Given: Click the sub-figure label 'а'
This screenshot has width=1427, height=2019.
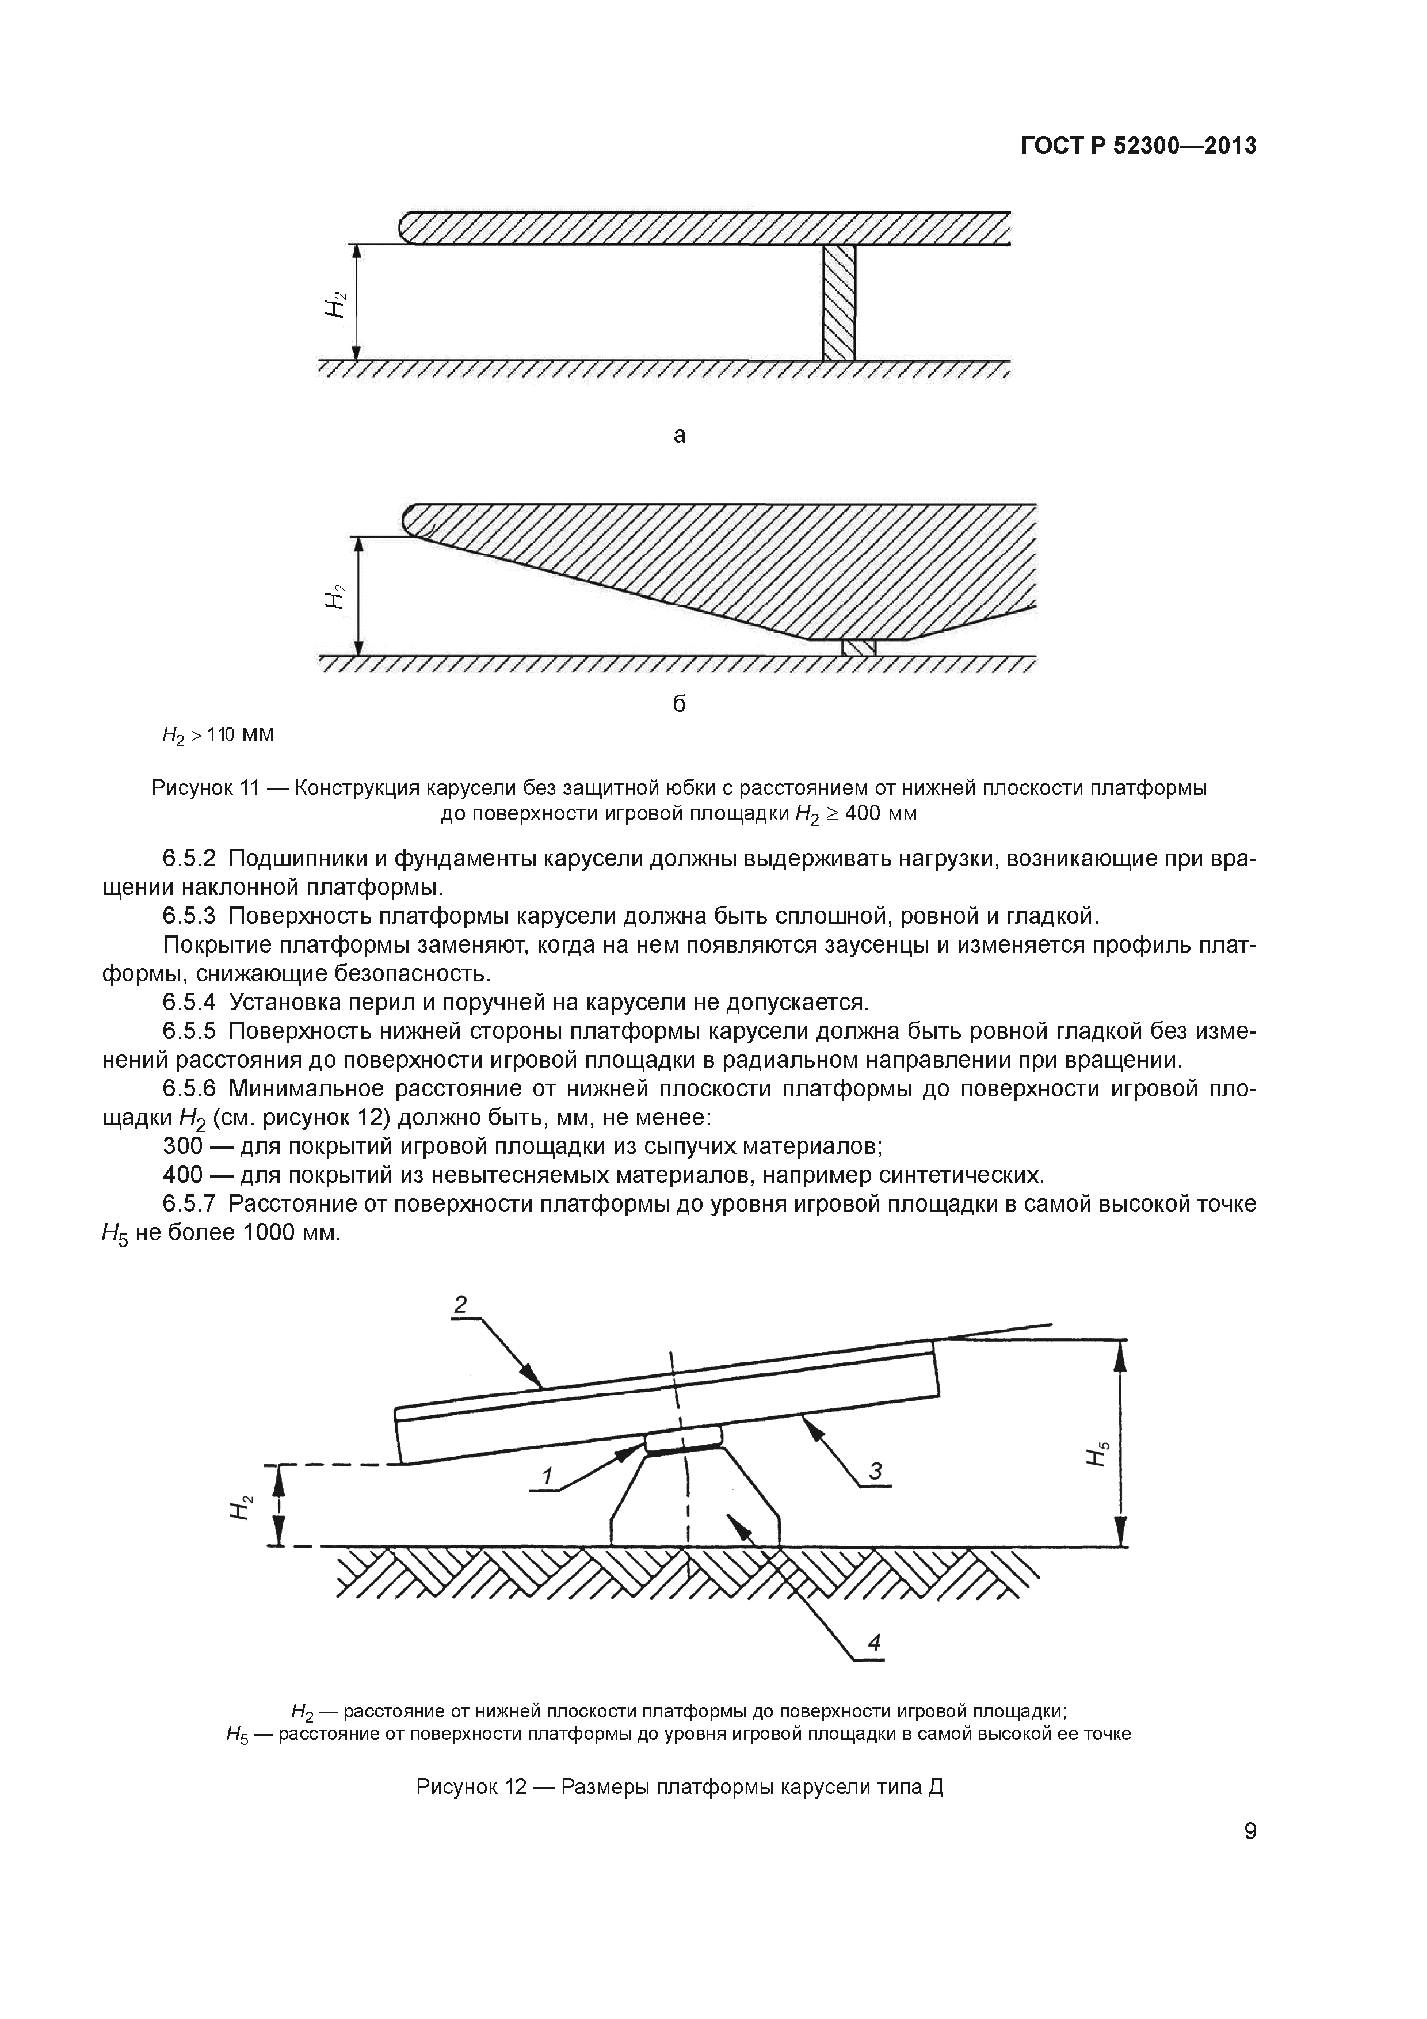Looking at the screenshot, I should pyautogui.click(x=679, y=435).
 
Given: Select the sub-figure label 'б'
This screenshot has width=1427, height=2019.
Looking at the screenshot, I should pyautogui.click(x=679, y=703).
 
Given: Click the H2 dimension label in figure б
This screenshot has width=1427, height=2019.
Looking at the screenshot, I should pyautogui.click(x=335, y=597).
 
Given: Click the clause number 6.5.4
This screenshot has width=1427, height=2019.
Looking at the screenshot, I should pyautogui.click(x=189, y=1003).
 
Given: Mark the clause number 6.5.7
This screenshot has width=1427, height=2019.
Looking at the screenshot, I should pyautogui.click(x=189, y=1204).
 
